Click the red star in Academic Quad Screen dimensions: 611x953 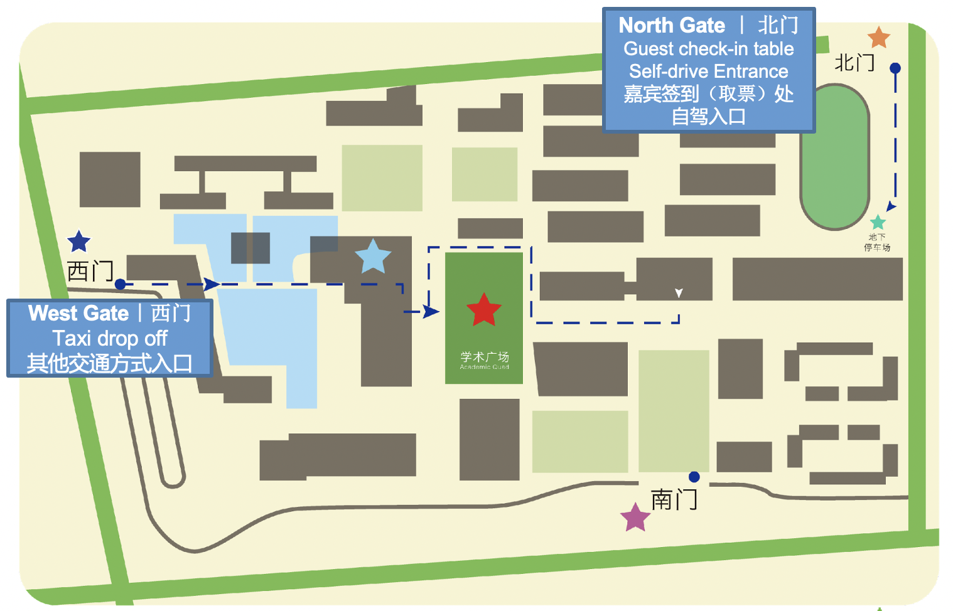484,310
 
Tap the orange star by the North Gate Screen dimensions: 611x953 878,38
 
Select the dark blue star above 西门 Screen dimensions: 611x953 78,242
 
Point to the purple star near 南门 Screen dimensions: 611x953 635,518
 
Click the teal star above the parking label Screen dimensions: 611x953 878,222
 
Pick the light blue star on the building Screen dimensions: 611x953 373,257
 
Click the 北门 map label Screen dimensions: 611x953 854,63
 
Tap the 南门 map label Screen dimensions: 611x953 674,500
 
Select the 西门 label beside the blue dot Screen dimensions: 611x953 90,272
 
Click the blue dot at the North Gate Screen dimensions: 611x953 895,68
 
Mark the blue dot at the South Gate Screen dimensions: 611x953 694,477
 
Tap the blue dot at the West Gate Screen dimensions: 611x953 120,284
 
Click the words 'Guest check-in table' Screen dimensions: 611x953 708,49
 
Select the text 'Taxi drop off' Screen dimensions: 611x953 110,339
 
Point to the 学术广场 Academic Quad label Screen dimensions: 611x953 484,360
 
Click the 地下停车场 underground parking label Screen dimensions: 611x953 877,242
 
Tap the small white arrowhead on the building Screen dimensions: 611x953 679,293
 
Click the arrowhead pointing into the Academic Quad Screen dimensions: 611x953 431,311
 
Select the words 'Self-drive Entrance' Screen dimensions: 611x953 708,72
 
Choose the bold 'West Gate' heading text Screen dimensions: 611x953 78,313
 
